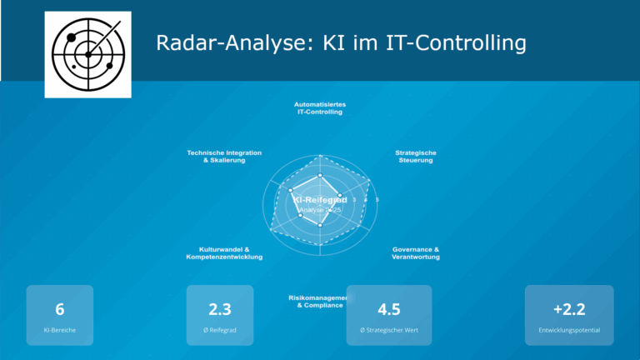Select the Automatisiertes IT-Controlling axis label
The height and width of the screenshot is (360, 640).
click(320, 108)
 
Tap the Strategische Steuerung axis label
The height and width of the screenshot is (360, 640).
click(415, 157)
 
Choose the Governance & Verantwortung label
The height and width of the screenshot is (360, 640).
click(415, 253)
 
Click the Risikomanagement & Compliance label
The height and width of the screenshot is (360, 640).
click(315, 302)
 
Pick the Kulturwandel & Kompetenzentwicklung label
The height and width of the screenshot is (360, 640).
click(224, 253)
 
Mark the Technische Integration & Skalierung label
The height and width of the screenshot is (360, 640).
click(224, 157)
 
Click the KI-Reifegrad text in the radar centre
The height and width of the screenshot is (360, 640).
click(320, 201)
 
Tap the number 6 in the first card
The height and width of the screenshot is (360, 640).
click(60, 310)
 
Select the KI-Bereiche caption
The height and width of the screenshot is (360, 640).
click(60, 331)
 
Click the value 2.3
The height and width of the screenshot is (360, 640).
click(220, 310)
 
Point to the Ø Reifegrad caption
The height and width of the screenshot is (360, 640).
click(220, 331)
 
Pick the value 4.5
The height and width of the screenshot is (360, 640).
click(389, 310)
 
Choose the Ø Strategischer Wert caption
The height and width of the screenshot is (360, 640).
click(389, 331)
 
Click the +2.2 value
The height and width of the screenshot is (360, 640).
click(569, 310)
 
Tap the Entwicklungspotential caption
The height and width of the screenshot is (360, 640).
click(569, 331)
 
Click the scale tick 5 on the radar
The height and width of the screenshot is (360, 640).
click(377, 200)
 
